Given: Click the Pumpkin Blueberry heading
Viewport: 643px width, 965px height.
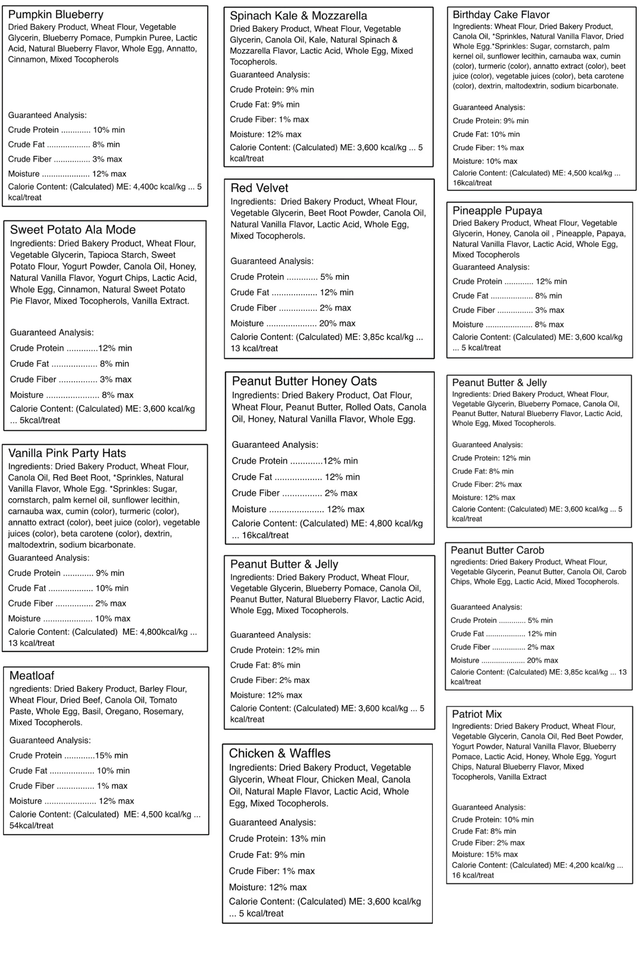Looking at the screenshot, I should click(x=55, y=14).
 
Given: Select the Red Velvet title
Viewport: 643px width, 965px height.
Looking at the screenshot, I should click(x=259, y=188).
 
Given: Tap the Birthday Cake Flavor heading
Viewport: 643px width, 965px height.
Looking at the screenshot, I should click(x=501, y=14).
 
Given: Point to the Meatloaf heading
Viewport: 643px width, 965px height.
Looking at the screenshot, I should click(x=32, y=675).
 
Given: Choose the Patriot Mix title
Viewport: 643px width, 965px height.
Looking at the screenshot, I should click(x=477, y=714).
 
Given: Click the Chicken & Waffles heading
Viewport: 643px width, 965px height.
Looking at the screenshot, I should click(x=280, y=753).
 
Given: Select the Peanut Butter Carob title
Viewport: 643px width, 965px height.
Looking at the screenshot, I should click(x=497, y=550).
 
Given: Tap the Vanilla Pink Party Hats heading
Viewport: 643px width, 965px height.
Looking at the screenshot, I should click(x=67, y=453).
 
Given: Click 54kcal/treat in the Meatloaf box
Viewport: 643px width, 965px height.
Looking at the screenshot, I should click(x=31, y=826).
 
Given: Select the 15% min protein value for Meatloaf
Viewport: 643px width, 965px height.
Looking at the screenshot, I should click(x=111, y=756).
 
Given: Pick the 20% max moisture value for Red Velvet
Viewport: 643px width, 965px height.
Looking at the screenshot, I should click(x=337, y=323).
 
